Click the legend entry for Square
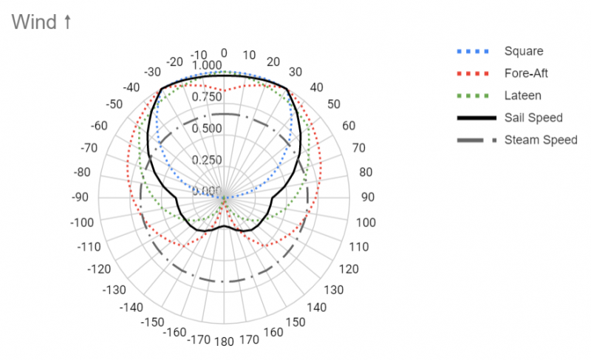tap(524, 51)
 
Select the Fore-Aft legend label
tap(526, 73)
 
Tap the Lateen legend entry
tap(522, 95)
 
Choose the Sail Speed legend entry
tap(533, 118)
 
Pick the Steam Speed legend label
tap(540, 140)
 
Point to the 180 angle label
tap(225, 342)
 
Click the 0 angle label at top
tap(225, 53)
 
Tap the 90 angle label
tap(367, 198)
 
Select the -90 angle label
tap(81, 198)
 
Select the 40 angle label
tap(317, 88)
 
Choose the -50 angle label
tap(114, 104)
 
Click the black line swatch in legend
tap(471, 118)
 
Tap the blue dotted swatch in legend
tap(471, 51)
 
